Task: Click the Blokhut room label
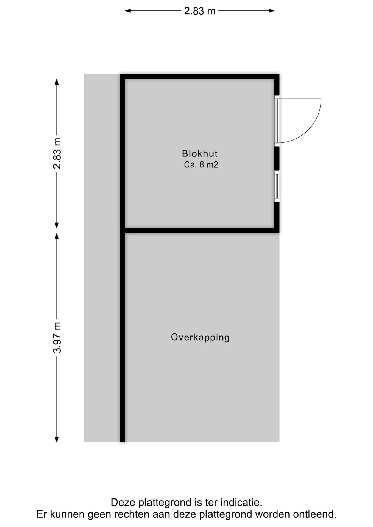coord(200,153)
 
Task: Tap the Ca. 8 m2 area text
coord(201,165)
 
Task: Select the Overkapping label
coord(200,337)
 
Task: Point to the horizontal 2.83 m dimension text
coord(200,11)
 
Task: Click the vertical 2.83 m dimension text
coord(57,153)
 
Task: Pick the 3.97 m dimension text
coord(57,337)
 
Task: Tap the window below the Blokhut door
coord(277,186)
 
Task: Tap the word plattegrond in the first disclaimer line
coord(163,503)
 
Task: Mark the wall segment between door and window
coord(277,158)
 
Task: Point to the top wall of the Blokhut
coord(200,77)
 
